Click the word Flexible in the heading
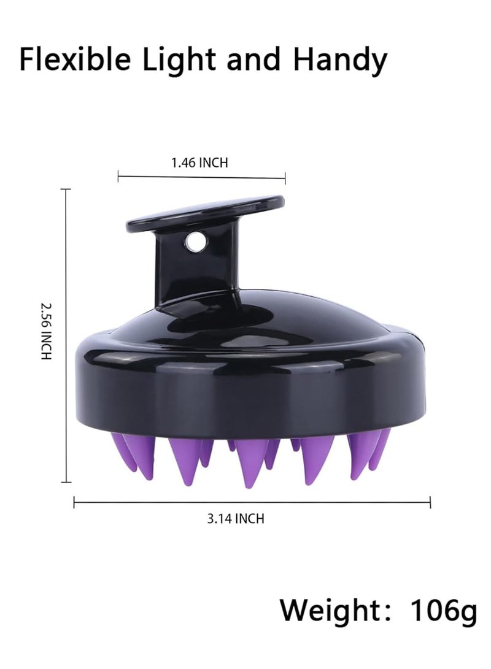[75, 59]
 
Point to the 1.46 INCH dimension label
[199, 162]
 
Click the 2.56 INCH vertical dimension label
[46, 331]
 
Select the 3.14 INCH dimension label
[236, 519]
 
